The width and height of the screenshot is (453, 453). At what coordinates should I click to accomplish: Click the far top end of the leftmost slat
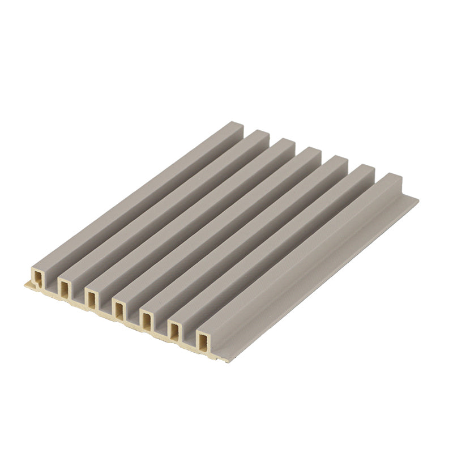tap(234, 126)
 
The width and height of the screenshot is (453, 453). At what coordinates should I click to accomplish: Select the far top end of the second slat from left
tap(260, 135)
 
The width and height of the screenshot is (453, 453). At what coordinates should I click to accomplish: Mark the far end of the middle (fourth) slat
tap(312, 153)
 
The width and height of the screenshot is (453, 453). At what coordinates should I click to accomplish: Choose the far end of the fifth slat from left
tap(339, 162)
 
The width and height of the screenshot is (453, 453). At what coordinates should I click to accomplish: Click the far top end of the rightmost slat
tap(392, 180)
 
